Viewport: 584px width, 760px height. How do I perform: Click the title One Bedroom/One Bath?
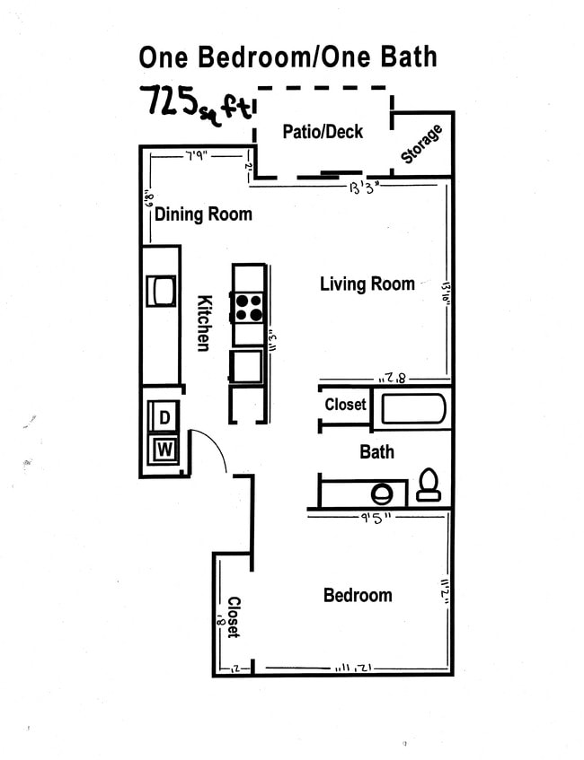[x=288, y=57]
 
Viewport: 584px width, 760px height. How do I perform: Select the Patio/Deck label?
[x=323, y=132]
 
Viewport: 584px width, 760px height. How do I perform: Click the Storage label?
[x=421, y=144]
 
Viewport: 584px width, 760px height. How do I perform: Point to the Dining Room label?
[x=203, y=214]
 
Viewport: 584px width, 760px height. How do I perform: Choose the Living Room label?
[x=367, y=284]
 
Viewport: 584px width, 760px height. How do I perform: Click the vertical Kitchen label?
[x=204, y=323]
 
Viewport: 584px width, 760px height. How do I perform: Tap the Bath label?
[x=376, y=451]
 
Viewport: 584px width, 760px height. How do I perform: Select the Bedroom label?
[x=358, y=595]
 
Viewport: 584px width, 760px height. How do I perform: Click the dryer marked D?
[x=164, y=417]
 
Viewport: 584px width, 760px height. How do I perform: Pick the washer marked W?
[x=164, y=449]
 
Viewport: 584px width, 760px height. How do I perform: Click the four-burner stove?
[x=249, y=308]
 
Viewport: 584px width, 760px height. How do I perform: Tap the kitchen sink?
[x=162, y=291]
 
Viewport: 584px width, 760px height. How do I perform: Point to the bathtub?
[x=413, y=409]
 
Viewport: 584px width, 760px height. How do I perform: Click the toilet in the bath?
[x=429, y=485]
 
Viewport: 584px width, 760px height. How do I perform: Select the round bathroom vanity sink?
[x=383, y=493]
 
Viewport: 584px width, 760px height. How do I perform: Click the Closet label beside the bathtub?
[x=345, y=405]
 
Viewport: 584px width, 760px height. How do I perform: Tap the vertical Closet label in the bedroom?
[x=233, y=617]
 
